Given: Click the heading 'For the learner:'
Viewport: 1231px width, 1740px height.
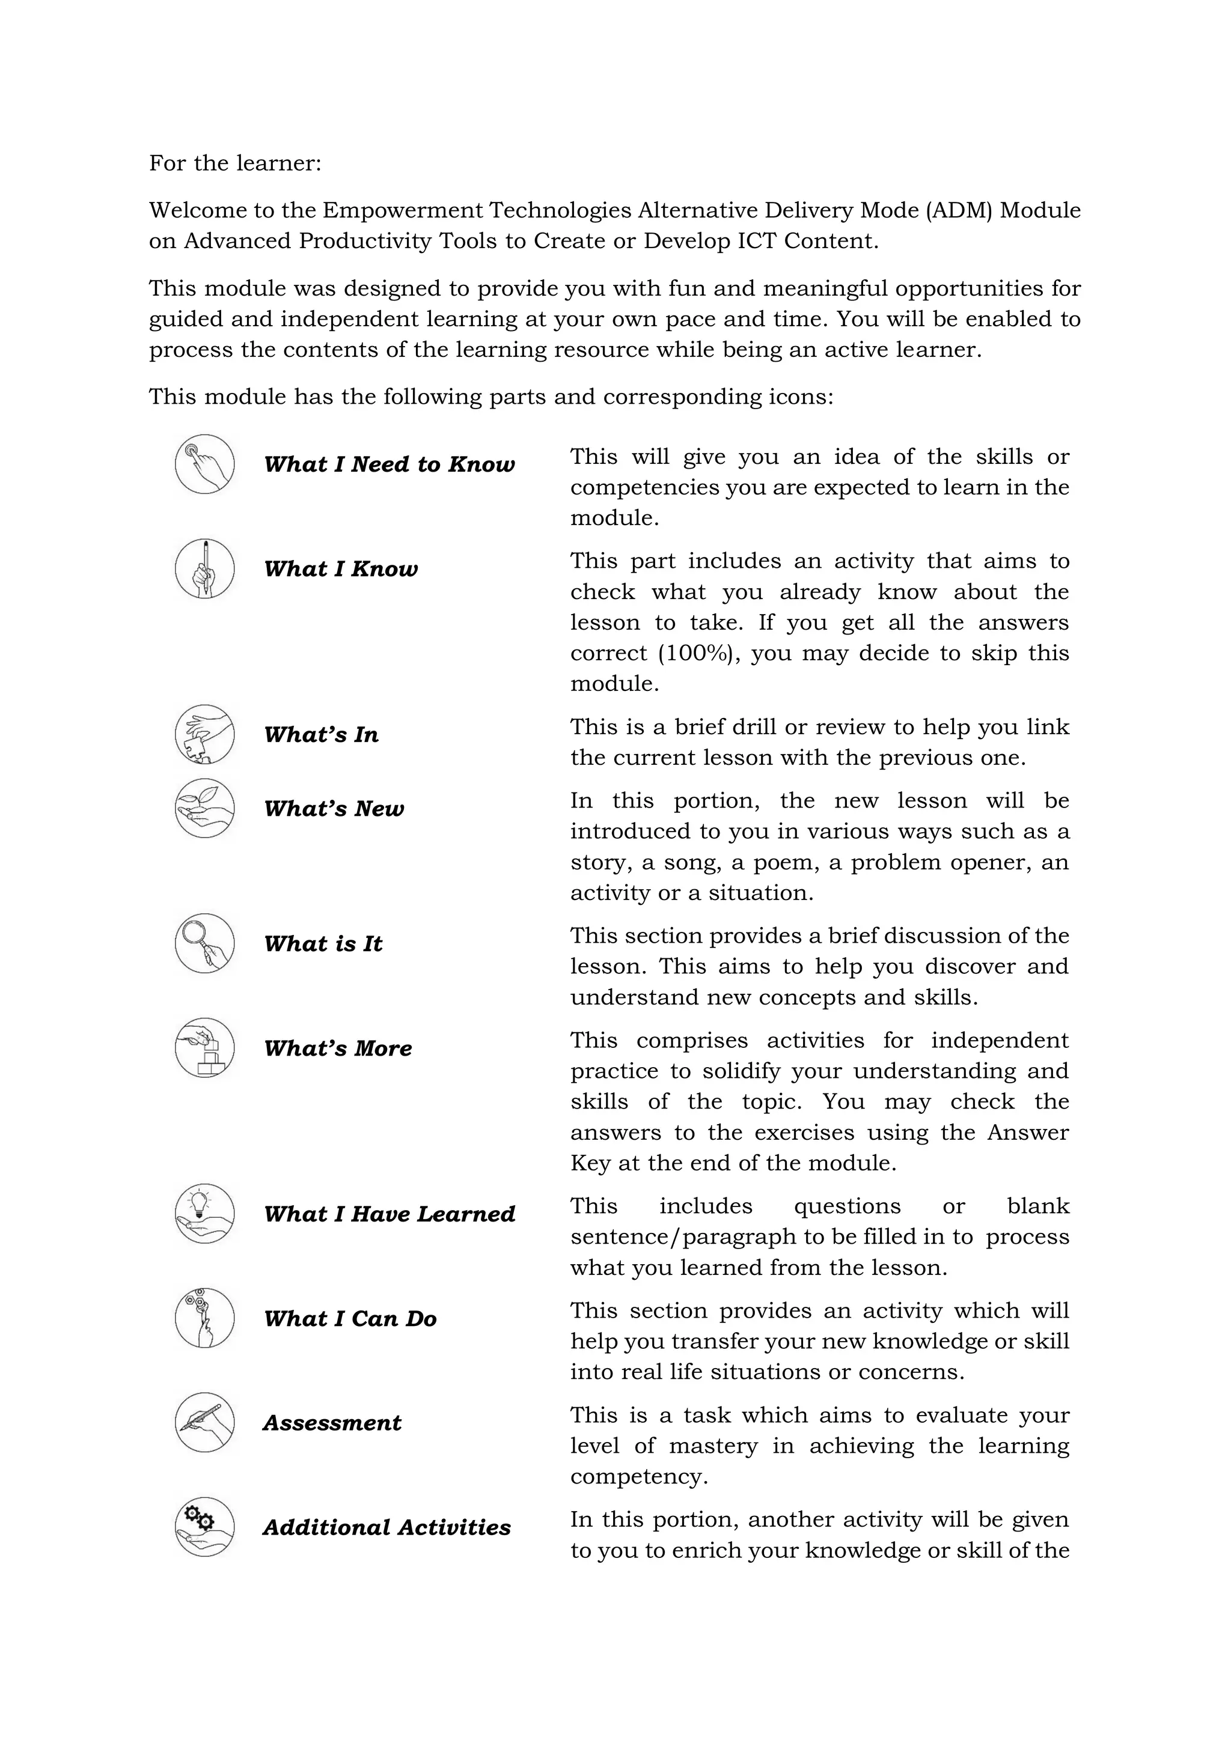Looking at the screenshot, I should [235, 163].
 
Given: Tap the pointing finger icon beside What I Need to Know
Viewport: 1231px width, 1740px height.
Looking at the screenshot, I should [204, 464].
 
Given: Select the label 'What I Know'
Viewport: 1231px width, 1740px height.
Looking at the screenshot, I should [340, 568].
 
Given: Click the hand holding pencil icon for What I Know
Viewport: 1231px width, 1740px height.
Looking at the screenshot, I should [204, 568].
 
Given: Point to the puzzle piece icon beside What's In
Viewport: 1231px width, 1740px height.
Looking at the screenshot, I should [204, 734].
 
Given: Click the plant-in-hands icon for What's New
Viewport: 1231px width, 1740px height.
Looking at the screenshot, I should [204, 808].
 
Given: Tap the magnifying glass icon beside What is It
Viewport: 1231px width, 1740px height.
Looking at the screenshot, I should [204, 943].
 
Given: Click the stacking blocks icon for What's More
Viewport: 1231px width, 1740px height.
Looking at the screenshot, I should [204, 1048].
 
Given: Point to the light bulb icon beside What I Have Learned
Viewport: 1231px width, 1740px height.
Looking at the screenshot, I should [204, 1213].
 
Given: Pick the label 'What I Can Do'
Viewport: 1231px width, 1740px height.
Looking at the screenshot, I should [350, 1319].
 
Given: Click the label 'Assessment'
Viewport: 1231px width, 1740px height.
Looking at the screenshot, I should [332, 1423].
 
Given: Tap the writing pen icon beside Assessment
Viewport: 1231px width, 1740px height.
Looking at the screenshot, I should [204, 1423].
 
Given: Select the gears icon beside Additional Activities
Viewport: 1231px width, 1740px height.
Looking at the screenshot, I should [204, 1527].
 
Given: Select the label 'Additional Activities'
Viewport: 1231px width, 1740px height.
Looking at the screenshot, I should [386, 1527].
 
